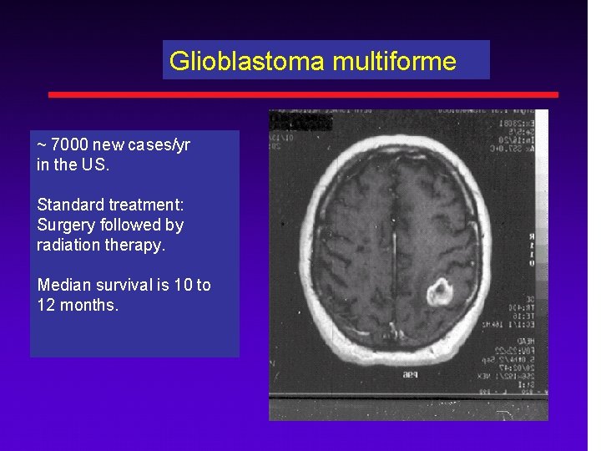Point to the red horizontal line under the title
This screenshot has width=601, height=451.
(303, 94)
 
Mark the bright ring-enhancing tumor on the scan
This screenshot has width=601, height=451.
(439, 292)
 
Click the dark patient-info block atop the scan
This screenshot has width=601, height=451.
(301, 122)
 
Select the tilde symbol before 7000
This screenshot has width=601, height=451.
(41, 145)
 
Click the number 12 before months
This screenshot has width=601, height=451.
(46, 305)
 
